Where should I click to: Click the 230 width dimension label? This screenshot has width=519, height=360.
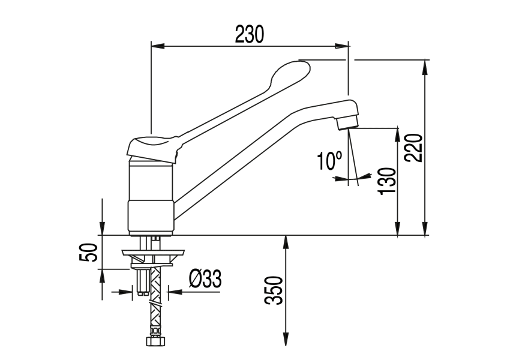(249, 35)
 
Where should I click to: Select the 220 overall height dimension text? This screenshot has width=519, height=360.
(414, 148)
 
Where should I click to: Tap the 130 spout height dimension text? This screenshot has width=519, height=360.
(387, 181)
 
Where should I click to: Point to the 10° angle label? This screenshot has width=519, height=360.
(329, 161)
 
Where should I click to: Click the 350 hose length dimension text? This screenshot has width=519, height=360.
(274, 291)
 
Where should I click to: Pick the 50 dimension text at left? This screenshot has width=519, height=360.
(88, 252)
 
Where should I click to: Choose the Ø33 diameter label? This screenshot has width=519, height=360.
(205, 279)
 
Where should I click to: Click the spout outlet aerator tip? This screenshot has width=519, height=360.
(347, 122)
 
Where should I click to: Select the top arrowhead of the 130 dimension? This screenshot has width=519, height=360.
(397, 133)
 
